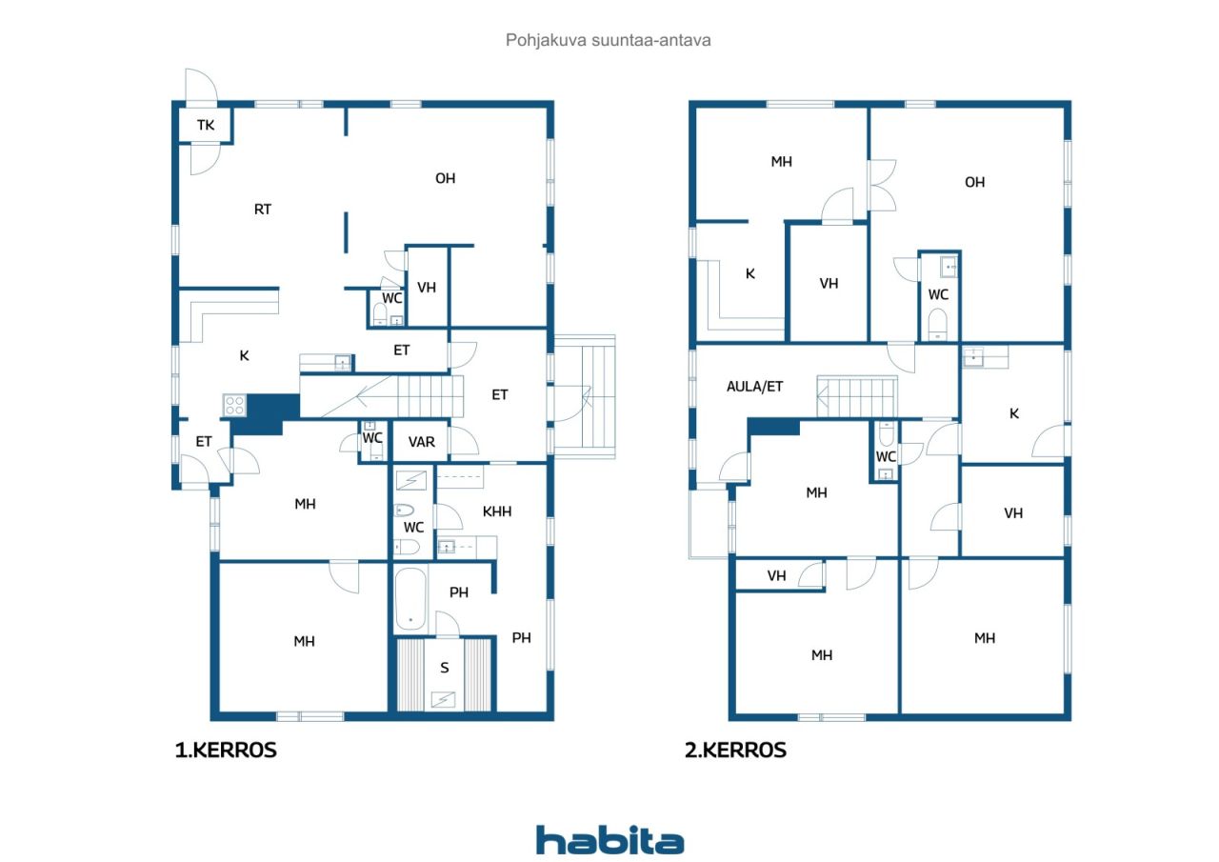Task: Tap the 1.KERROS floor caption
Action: click(x=226, y=750)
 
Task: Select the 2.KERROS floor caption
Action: click(x=735, y=750)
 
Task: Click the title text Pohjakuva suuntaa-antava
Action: click(x=608, y=40)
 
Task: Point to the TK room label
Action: click(x=206, y=125)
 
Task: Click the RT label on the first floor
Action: click(x=262, y=209)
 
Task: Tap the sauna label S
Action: click(x=445, y=668)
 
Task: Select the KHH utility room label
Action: click(x=497, y=511)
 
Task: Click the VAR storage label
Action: click(x=422, y=442)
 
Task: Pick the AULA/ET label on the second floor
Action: click(x=755, y=387)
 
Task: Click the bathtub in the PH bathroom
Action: click(x=410, y=599)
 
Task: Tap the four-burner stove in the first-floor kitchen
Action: click(x=234, y=406)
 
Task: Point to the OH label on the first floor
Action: click(x=445, y=178)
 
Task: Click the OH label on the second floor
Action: click(x=974, y=182)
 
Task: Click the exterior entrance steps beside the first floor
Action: click(x=585, y=397)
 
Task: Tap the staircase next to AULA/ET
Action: click(x=856, y=396)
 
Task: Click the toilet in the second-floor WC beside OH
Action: click(x=937, y=324)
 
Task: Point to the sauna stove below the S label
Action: click(x=443, y=699)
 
